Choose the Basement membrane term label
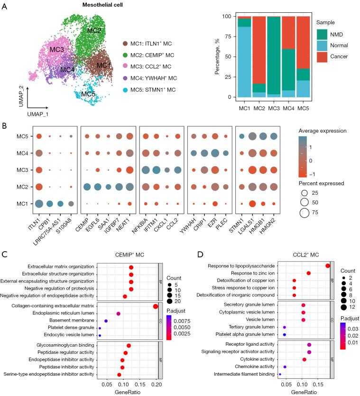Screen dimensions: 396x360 [x=74, y=321]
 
